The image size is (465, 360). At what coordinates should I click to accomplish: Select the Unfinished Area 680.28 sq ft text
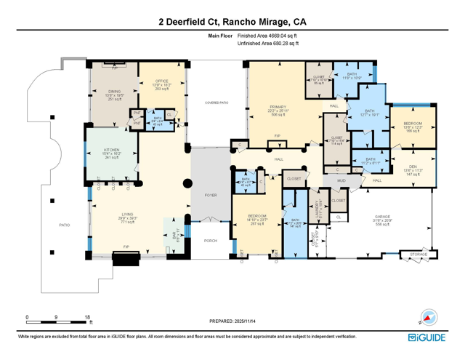267,44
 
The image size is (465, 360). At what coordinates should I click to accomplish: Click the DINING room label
115,92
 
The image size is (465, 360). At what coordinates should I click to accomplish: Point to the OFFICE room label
161,81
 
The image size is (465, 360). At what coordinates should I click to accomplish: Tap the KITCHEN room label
111,151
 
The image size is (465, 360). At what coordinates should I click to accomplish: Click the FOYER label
210,195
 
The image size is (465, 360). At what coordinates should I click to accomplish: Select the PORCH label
210,240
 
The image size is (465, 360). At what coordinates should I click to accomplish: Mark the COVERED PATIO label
217,103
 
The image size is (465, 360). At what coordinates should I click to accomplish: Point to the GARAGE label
383,217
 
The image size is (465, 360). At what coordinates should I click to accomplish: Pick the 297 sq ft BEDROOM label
256,216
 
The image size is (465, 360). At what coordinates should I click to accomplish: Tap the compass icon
429,319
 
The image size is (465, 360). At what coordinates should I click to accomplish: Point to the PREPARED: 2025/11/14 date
232,321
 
